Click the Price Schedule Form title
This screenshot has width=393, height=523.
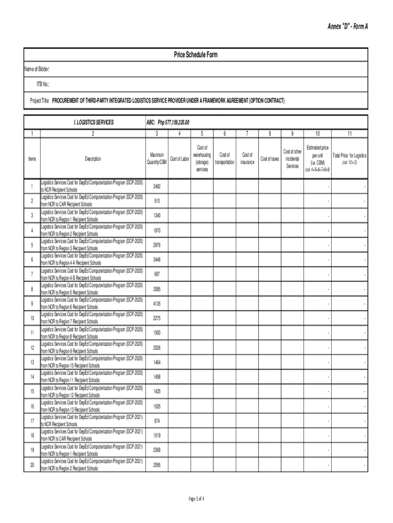coord(196,55)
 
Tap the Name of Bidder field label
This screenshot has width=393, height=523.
coord(38,69)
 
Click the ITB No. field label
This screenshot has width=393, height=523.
coord(42,84)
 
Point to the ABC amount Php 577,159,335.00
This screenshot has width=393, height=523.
coord(168,123)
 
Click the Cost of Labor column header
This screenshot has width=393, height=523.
coord(180,159)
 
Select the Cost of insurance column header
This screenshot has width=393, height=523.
coord(248,158)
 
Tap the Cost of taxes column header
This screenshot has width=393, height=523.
coord(269,159)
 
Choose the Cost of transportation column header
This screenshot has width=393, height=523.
coord(225,158)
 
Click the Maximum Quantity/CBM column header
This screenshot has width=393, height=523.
coord(157,158)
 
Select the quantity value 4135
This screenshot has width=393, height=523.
coord(157,303)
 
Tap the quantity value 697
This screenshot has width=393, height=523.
coord(157,274)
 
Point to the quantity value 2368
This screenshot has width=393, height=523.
coord(157,450)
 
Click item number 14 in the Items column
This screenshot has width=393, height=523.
coord(32,377)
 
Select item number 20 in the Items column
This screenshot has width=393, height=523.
coord(32,465)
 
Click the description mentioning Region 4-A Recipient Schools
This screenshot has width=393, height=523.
coord(92,259)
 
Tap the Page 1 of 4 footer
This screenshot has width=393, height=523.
coord(196,498)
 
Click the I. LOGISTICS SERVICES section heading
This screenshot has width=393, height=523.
coord(93,123)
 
